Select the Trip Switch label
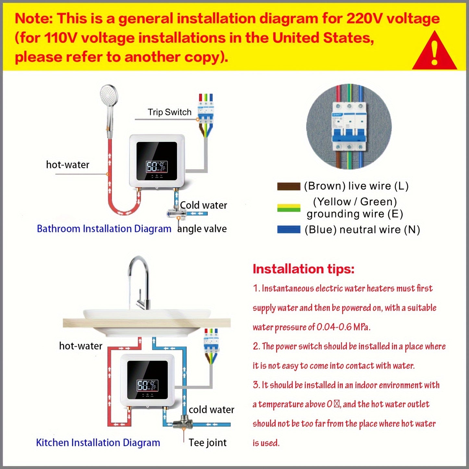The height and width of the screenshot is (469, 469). click(x=169, y=112)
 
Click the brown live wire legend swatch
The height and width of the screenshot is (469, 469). click(x=289, y=186)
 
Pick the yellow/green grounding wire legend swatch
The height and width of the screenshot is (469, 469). click(x=289, y=208)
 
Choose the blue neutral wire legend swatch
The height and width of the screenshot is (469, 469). click(x=289, y=229)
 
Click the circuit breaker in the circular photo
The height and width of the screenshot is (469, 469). click(x=349, y=127)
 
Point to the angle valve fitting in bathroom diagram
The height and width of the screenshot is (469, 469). click(x=176, y=213)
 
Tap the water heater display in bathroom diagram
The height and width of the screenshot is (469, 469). click(x=157, y=167)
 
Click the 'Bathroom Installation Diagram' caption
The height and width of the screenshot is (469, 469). click(x=104, y=229)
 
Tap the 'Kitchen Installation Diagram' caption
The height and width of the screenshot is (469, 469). click(x=98, y=443)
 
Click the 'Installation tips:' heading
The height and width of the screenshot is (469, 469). click(x=303, y=269)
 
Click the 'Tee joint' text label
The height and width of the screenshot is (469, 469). click(x=208, y=443)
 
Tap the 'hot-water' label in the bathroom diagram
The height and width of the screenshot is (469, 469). click(x=68, y=165)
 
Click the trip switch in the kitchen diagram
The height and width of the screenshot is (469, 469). click(x=211, y=345)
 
